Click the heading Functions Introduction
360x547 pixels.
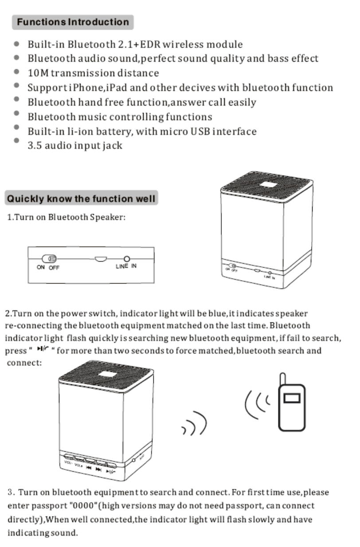(73, 22)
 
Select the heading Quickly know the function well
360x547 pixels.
(81, 198)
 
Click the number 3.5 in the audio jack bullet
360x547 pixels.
(35, 145)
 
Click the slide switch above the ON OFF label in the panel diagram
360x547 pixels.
(49, 259)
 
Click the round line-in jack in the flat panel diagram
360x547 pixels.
(127, 259)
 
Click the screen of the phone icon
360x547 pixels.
(291, 398)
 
